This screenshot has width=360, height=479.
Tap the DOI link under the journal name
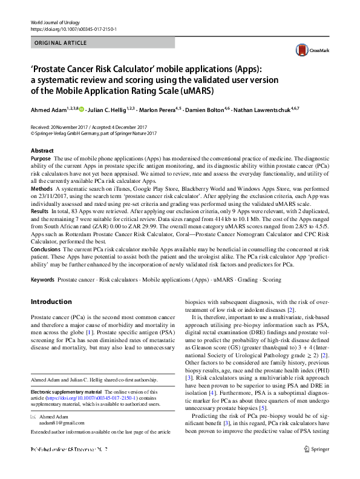click(73, 29)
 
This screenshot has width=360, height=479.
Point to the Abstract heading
click(42, 150)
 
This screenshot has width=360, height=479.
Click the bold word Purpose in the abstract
click(41, 158)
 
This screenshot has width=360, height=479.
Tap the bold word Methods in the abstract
click(42, 189)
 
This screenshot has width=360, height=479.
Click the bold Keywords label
click(42, 280)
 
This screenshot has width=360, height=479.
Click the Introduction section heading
click(51, 302)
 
